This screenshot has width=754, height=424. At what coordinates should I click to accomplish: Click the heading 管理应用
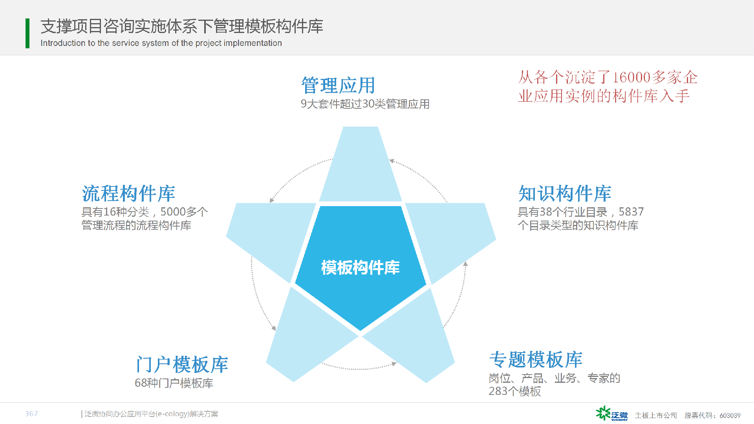338,85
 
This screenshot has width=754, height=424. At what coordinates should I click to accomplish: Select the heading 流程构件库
128,193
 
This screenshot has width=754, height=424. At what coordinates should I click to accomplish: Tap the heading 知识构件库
565,193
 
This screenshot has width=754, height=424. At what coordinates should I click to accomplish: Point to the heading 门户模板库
182,364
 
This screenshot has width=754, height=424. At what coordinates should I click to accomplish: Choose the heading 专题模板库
536,359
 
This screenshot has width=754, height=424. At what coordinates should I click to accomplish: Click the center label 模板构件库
360,268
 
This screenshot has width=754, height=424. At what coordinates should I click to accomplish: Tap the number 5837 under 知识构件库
631,212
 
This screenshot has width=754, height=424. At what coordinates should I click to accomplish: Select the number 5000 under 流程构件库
173,212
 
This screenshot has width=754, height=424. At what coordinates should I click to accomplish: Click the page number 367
31,413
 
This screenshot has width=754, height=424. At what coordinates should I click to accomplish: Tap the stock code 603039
730,415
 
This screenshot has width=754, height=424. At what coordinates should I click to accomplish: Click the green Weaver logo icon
603,413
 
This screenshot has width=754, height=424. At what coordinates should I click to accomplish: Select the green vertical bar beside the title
27,33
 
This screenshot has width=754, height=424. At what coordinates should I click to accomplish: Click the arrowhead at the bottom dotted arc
394,364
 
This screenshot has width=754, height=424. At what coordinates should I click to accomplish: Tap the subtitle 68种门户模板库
174,383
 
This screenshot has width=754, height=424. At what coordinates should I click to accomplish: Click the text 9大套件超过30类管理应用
365,104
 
